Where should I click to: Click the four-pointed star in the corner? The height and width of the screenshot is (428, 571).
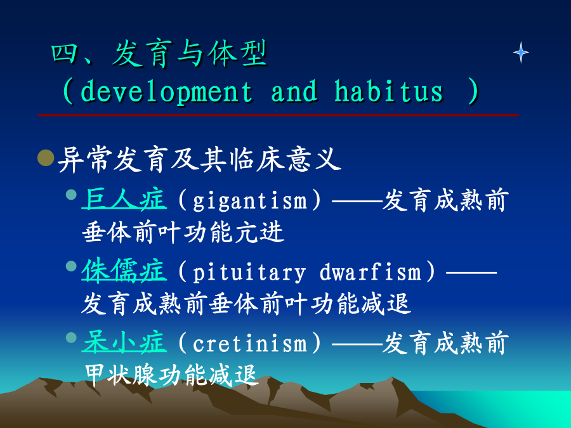pos(521,53)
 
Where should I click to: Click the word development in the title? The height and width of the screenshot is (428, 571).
pos(166,91)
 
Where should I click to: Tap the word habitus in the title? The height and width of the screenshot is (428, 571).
pos(388,90)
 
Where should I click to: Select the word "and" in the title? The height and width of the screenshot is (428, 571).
pos(294,90)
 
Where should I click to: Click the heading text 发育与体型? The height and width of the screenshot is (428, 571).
pos(189,54)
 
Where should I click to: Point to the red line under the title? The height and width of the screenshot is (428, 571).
pos(279,115)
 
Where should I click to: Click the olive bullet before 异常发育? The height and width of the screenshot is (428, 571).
pos(46,158)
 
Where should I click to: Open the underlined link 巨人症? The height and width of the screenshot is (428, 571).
pos(124,200)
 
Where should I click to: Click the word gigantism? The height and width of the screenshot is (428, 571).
pos(250,201)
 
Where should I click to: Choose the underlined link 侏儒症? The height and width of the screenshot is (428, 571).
pos(124,270)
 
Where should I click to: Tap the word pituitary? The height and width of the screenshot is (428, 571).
pos(249,273)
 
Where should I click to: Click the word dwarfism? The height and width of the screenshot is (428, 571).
pos(371,271)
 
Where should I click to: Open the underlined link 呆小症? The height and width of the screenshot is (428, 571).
pos(124,342)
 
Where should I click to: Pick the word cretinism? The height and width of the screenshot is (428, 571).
pos(250,343)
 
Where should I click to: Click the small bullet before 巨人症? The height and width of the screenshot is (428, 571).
pos(71,195)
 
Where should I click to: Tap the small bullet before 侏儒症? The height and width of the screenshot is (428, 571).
pos(71,266)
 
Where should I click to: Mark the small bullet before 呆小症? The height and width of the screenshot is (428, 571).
pos(71,337)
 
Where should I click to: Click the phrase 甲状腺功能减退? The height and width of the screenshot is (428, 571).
pos(171,375)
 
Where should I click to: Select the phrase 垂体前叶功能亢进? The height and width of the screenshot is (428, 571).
pos(183,232)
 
